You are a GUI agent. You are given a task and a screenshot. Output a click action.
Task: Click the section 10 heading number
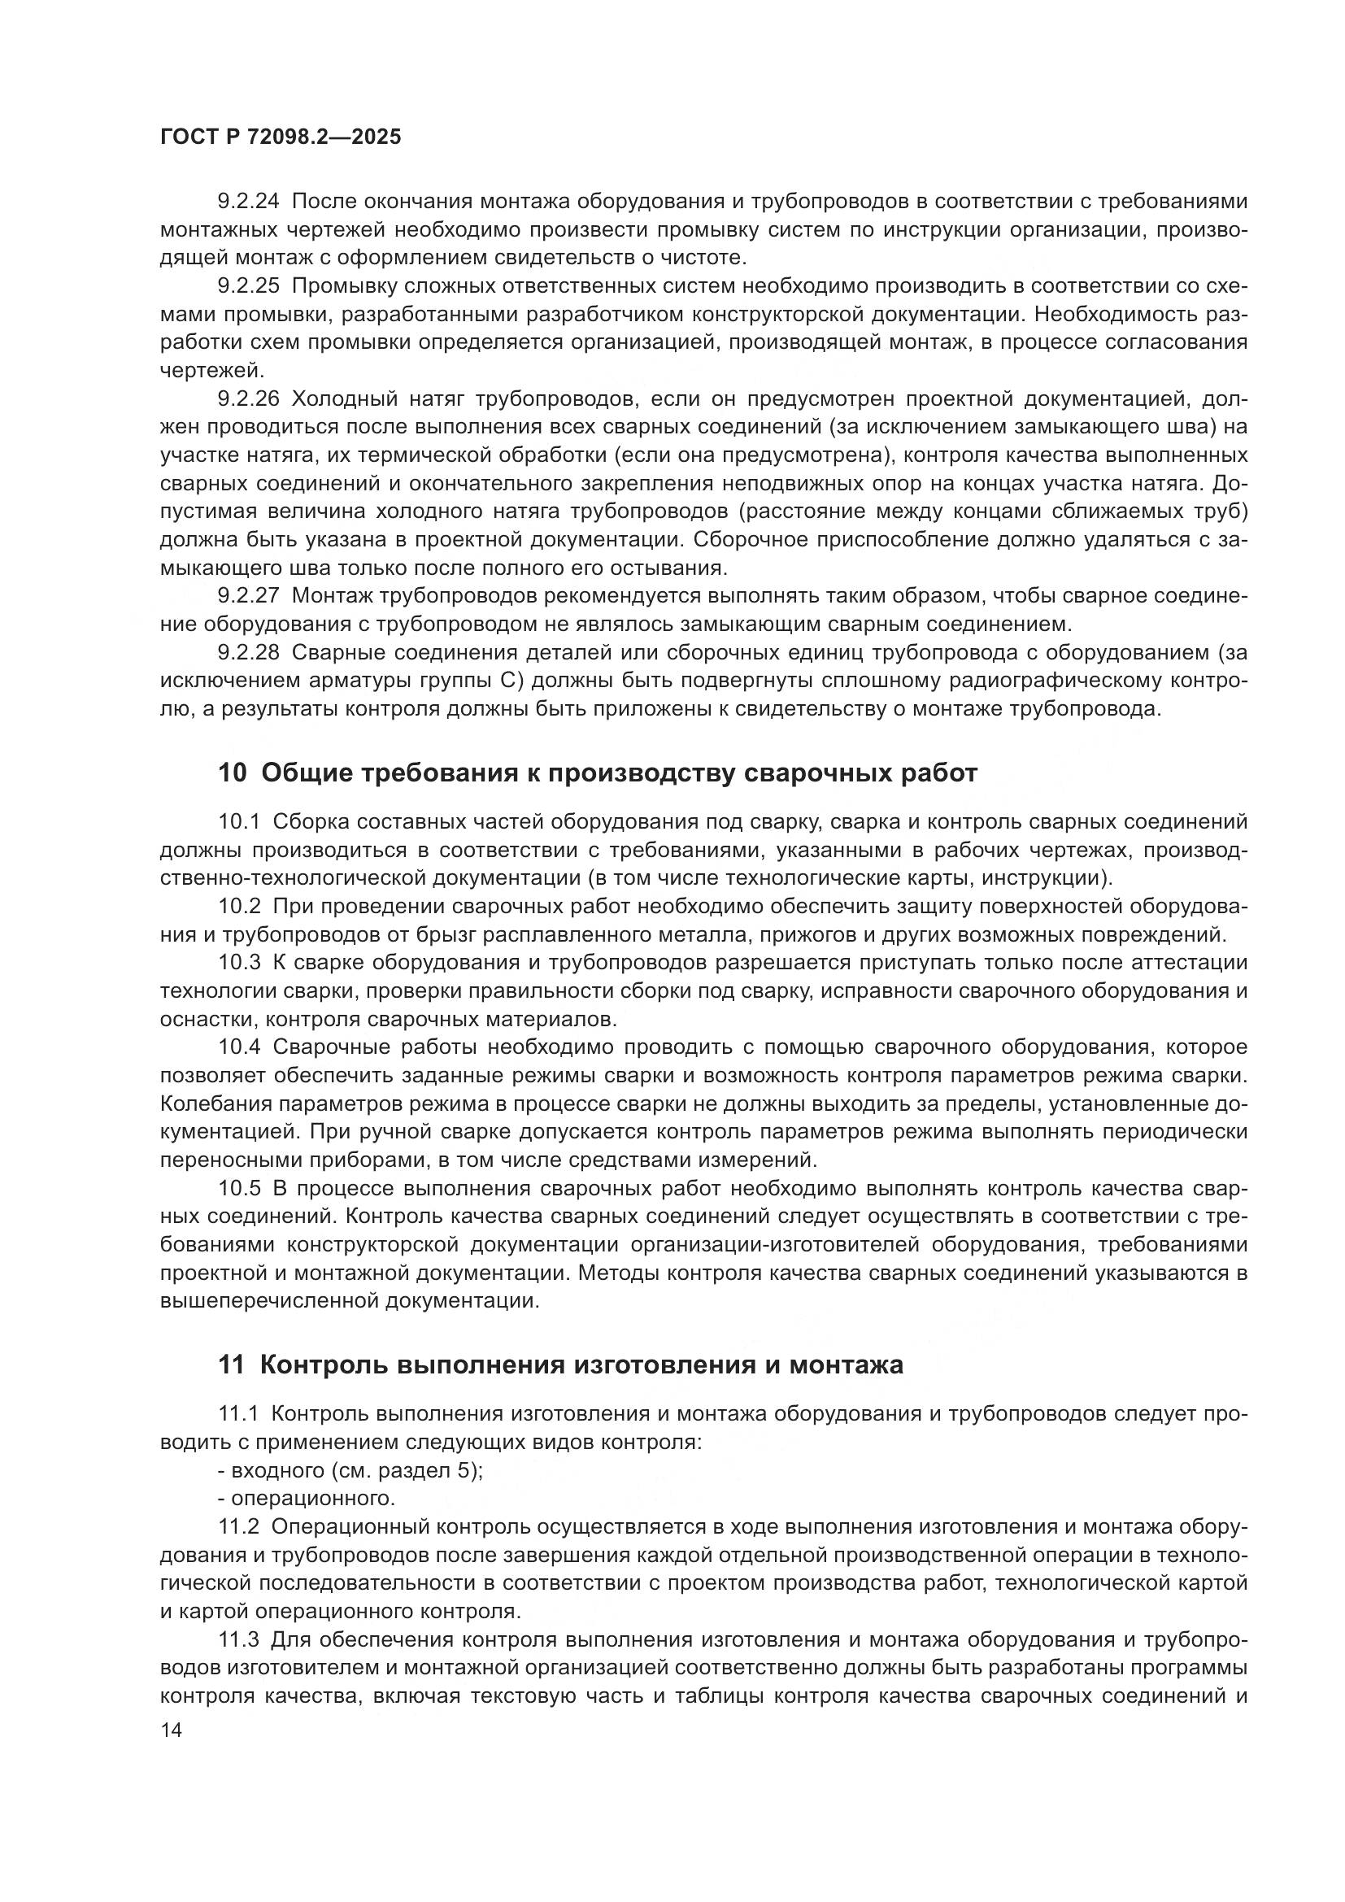tap(232, 773)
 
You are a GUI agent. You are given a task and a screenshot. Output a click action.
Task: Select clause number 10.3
tap(239, 963)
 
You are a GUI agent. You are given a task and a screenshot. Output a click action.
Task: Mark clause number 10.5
tap(239, 1189)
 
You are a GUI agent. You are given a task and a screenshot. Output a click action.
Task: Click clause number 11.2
tap(238, 1527)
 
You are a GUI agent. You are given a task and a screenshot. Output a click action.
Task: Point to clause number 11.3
tap(238, 1640)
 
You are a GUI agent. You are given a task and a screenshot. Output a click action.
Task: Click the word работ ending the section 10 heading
tap(938, 773)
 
